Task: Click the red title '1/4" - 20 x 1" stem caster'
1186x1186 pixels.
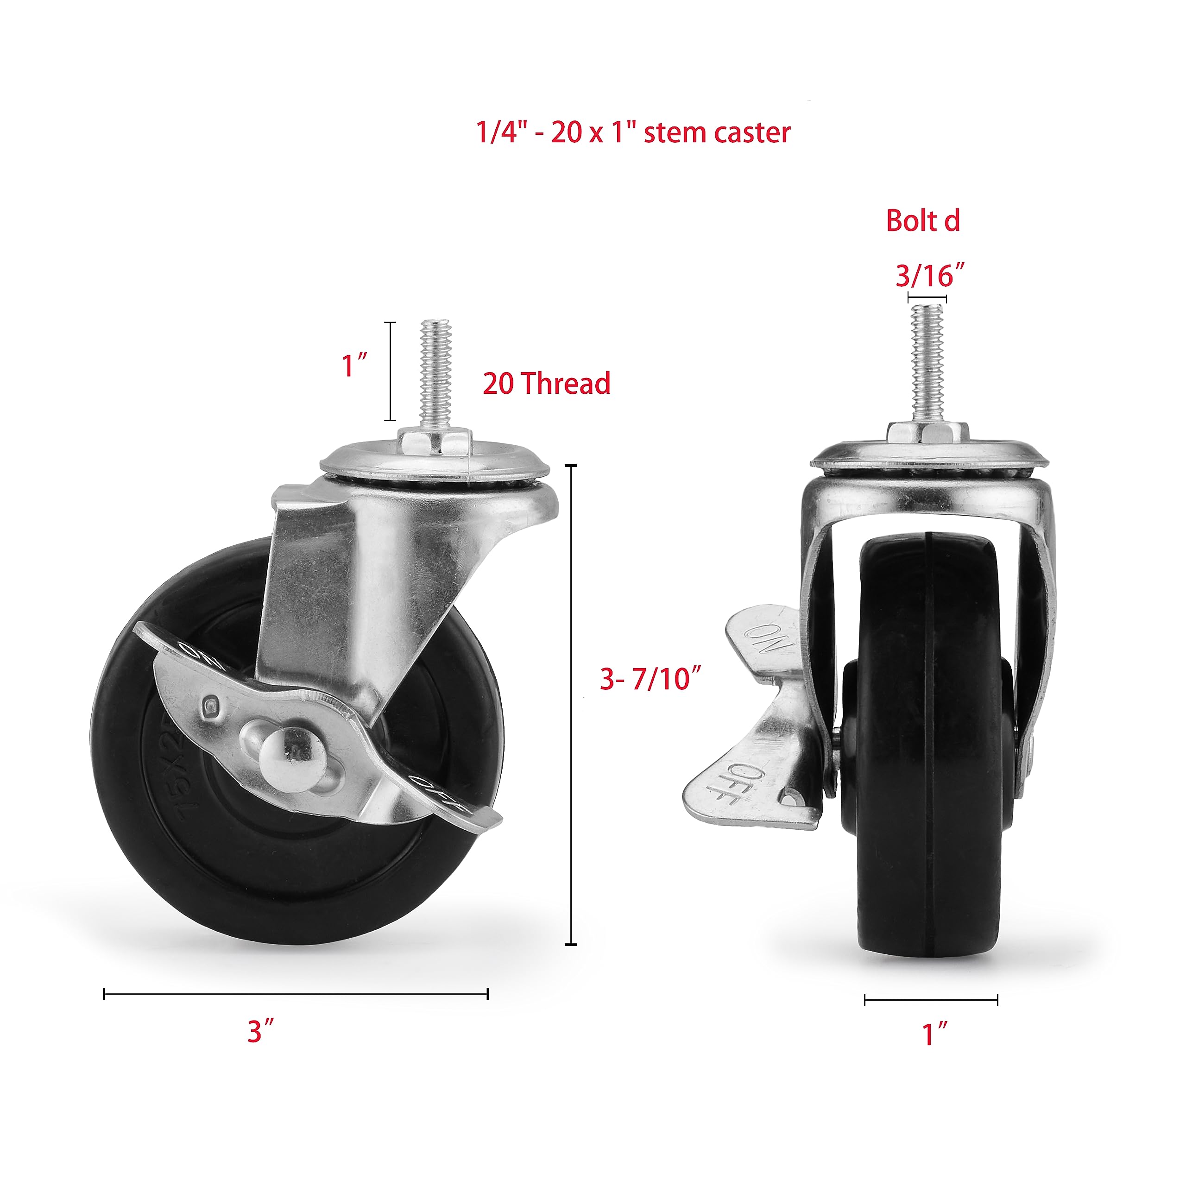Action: tap(633, 132)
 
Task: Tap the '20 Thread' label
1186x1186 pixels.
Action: tap(546, 384)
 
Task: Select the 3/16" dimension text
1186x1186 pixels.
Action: tap(929, 276)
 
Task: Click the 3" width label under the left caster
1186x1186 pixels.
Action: tap(260, 1031)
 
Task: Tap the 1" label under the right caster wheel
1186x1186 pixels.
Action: tap(935, 1035)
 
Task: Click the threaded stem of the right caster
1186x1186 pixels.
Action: tap(927, 362)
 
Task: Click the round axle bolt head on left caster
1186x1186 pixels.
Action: tap(284, 754)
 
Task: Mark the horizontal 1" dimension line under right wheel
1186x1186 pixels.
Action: tap(931, 1000)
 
